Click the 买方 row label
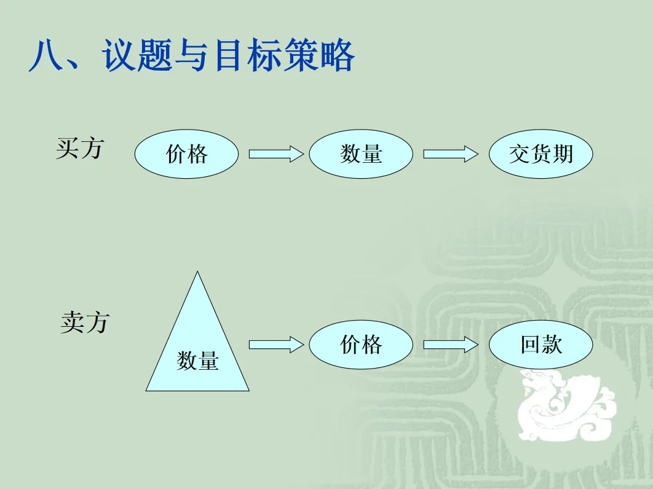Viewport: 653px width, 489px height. tap(80, 148)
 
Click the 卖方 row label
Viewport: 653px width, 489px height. tap(85, 322)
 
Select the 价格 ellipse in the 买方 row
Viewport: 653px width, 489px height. tap(186, 154)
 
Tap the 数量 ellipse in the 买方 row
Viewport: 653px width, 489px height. tap(361, 154)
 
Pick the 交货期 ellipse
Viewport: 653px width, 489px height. tap(541, 154)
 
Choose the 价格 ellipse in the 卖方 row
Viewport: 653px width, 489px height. tap(361, 345)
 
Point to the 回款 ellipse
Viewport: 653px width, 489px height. tap(541, 345)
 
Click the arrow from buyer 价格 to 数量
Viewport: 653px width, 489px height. tap(275, 154)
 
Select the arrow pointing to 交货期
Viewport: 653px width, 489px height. tap(450, 154)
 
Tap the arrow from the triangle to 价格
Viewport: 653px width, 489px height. tap(275, 345)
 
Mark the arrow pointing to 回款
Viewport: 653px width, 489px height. tap(450, 345)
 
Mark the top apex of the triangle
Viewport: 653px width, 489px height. tap(197, 273)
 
